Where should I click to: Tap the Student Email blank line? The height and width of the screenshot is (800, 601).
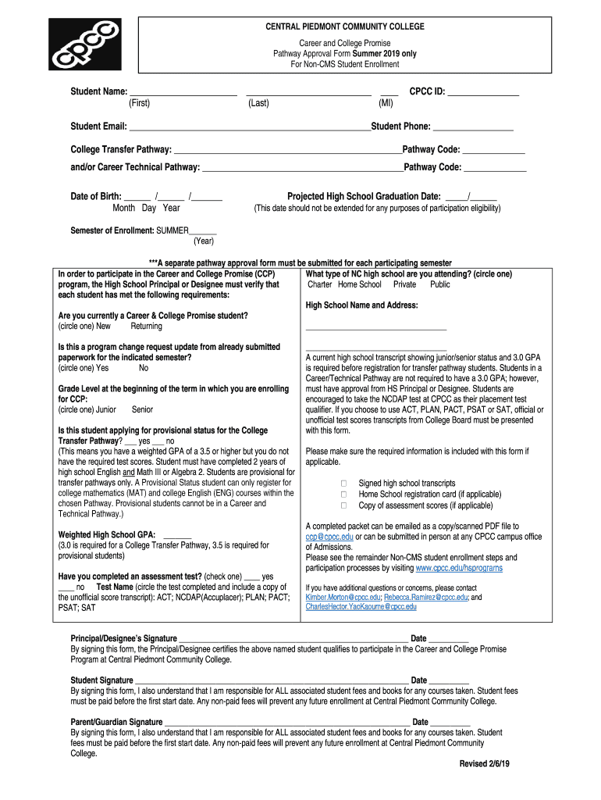pyautogui.click(x=250, y=127)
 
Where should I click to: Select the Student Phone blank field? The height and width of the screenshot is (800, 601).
pyautogui.click(x=472, y=127)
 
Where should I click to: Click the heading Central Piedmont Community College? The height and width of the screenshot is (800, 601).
pyautogui.click(x=344, y=27)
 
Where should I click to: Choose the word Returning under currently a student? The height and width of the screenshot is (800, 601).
pyautogui.click(x=147, y=327)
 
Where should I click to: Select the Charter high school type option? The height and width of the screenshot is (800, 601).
pyautogui.click(x=320, y=285)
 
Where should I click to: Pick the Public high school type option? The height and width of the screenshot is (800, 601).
pyautogui.click(x=440, y=285)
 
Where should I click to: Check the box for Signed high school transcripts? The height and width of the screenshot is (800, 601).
pyautogui.click(x=343, y=484)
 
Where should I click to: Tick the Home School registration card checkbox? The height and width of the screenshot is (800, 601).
pyautogui.click(x=343, y=495)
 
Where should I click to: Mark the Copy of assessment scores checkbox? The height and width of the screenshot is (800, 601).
pyautogui.click(x=343, y=505)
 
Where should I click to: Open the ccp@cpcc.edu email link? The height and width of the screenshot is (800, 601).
pyautogui.click(x=329, y=537)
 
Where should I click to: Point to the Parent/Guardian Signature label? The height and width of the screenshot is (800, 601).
pyautogui.click(x=116, y=722)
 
